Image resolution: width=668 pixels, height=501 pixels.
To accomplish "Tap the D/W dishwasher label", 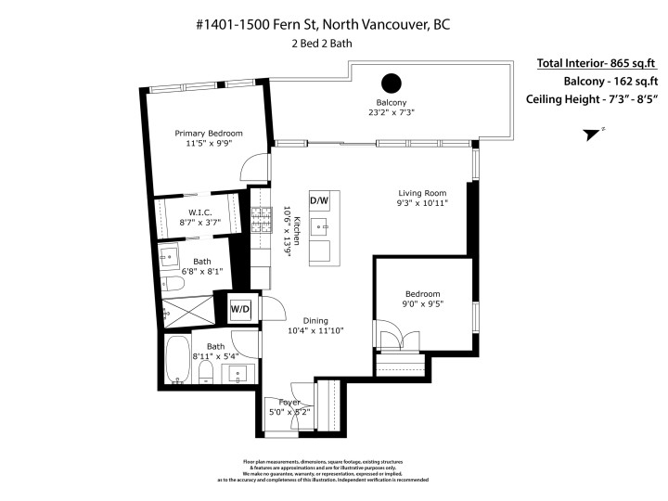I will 319,200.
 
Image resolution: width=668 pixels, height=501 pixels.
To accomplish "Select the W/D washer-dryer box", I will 239,308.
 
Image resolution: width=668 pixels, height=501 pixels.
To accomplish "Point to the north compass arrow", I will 590,135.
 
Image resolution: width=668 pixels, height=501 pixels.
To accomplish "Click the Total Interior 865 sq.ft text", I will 597,64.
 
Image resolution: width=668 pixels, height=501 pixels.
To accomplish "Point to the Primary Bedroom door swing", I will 249,167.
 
